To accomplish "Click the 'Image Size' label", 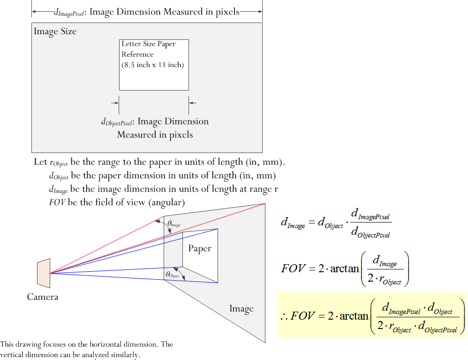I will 55,32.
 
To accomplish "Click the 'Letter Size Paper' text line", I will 148,44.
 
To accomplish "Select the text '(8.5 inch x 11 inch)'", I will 152,65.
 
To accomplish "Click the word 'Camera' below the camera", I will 43,297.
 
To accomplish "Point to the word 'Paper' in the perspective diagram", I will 200,248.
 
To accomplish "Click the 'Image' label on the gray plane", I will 242,308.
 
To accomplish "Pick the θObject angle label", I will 172,275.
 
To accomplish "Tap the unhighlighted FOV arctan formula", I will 345,268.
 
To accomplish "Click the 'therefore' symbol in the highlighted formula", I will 284,316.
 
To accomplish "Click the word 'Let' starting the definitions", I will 40,162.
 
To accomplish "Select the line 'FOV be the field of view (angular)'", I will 117,203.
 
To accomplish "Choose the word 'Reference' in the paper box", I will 137,54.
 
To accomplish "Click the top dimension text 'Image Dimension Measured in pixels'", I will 164,12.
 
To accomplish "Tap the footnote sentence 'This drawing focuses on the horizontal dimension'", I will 87,345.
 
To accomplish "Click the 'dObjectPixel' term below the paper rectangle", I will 117,122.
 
